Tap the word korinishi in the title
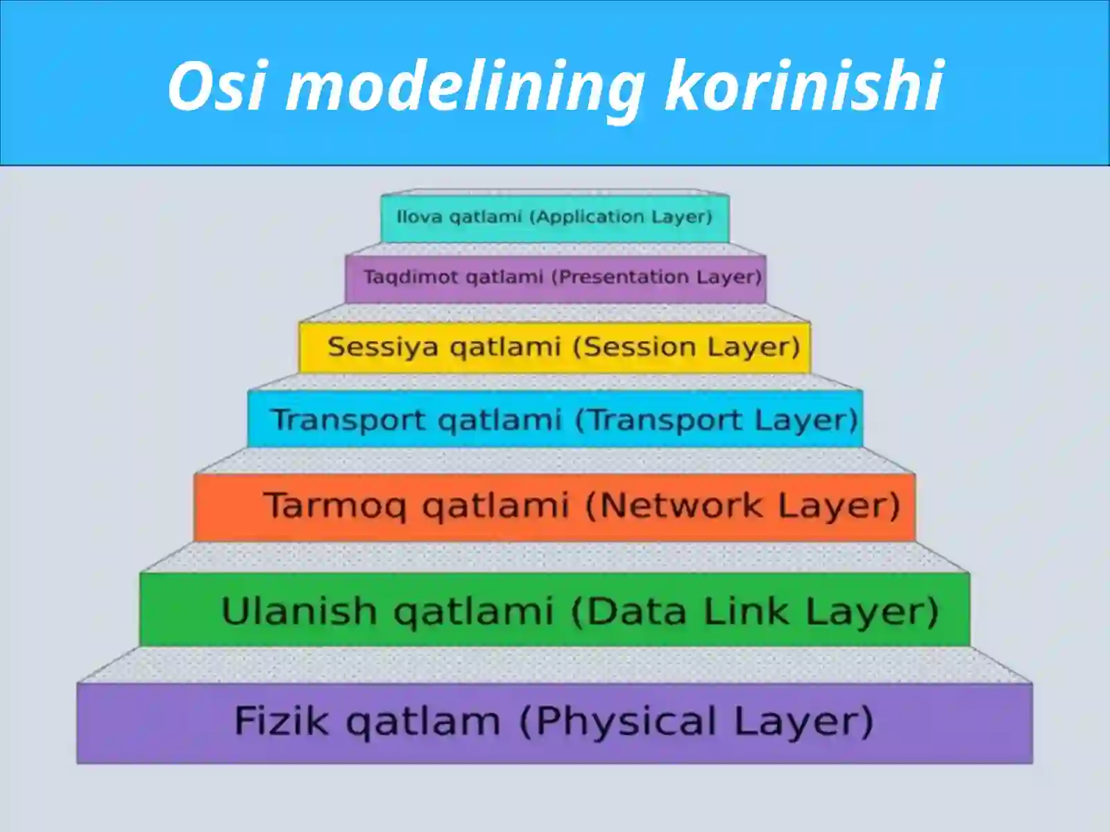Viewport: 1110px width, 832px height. pos(803,86)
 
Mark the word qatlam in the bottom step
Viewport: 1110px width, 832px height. pos(422,722)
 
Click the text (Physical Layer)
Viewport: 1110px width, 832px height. pos(696,722)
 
